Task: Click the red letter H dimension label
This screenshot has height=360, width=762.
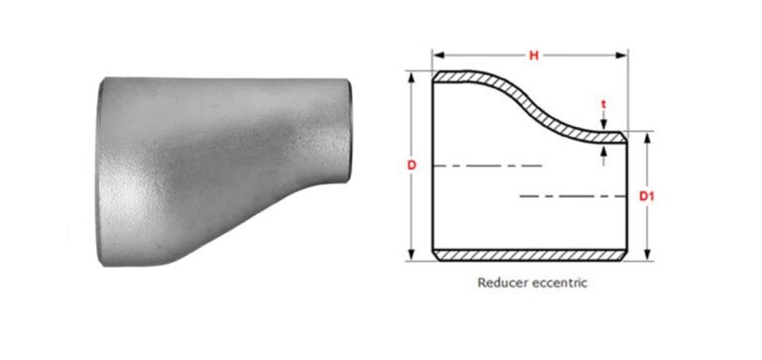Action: (x=533, y=56)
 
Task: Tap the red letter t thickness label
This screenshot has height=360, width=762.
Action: (x=604, y=102)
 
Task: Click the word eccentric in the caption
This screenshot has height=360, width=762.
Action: (x=559, y=283)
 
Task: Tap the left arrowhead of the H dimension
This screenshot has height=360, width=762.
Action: (x=438, y=56)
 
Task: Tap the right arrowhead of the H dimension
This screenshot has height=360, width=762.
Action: (x=624, y=56)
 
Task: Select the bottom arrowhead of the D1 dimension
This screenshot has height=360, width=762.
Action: (x=646, y=257)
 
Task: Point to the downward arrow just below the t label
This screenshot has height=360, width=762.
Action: (x=604, y=125)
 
